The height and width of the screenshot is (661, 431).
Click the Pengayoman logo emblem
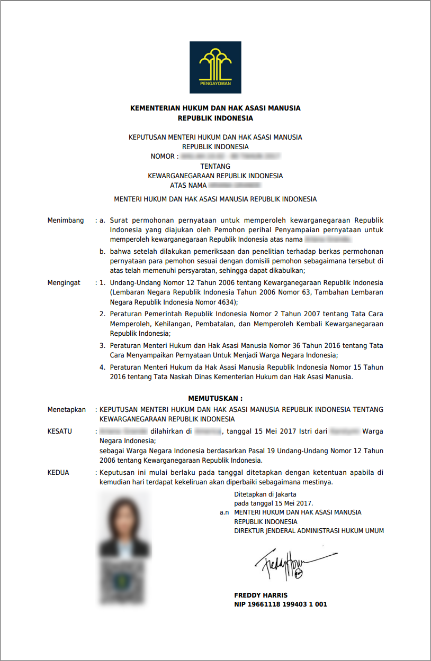(215, 67)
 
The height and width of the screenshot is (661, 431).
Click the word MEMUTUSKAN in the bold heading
(212, 398)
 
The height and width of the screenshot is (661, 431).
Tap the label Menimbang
(66, 220)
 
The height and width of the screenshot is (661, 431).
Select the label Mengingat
(64, 283)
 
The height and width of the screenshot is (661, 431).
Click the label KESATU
(60, 431)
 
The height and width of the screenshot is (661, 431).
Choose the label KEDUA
(58, 472)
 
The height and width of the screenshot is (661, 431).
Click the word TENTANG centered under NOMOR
(215, 166)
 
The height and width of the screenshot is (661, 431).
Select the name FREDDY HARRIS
(261, 595)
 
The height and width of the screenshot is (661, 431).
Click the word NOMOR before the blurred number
(162, 157)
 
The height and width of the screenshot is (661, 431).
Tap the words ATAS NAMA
(188, 186)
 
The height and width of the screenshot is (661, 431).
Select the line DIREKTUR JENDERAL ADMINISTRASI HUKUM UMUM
(309, 530)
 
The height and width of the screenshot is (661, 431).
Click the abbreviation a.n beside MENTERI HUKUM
(225, 512)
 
